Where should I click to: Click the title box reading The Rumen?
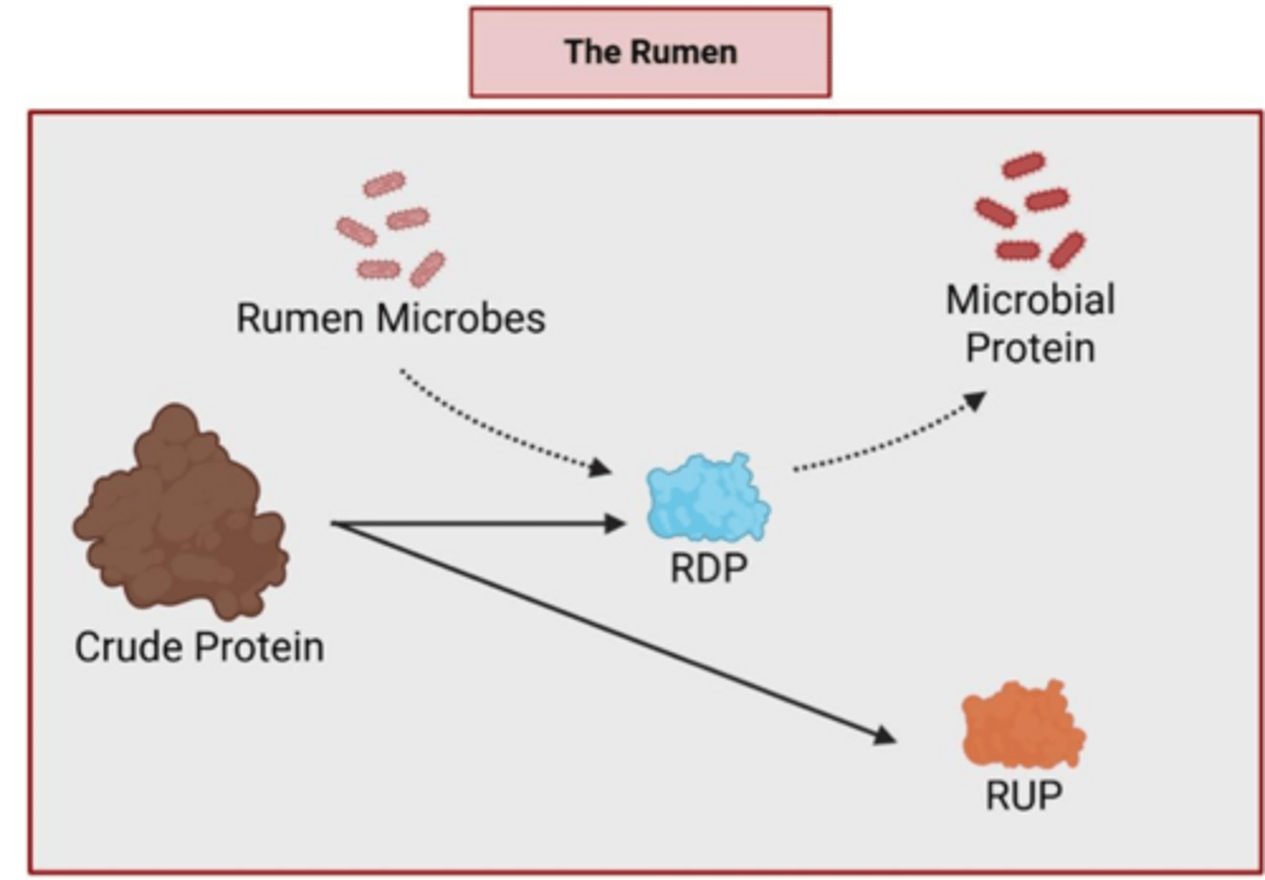pyautogui.click(x=650, y=52)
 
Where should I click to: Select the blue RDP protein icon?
pyautogui.click(x=707, y=498)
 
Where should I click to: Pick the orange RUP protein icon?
pyautogui.click(x=1023, y=725)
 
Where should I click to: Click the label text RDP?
pyautogui.click(x=708, y=568)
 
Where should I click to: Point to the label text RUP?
pyautogui.click(x=1023, y=796)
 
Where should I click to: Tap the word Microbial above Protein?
pyautogui.click(x=1030, y=300)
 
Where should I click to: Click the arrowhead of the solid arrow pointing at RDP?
pyautogui.click(x=616, y=524)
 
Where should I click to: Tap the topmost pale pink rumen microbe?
pyautogui.click(x=384, y=184)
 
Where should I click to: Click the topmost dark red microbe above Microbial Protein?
pyautogui.click(x=1023, y=165)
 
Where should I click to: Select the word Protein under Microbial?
pyautogui.click(x=1030, y=349)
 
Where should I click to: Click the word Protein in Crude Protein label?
pyautogui.click(x=260, y=647)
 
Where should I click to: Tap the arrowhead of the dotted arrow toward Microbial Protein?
pyautogui.click(x=974, y=402)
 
